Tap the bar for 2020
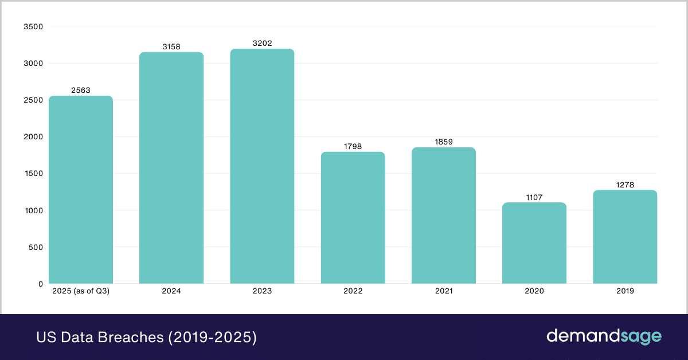(534, 243)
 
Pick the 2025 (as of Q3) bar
(81, 190)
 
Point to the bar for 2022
(353, 218)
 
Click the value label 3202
(262, 42)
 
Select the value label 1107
(534, 197)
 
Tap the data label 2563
(81, 90)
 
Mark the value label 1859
(444, 142)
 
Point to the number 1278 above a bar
(625, 184)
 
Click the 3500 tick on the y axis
(33, 27)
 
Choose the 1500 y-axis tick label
(33, 174)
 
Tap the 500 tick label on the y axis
(36, 247)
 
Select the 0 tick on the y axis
(40, 284)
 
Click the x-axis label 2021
(444, 291)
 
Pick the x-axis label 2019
(625, 291)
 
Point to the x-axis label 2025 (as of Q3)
(81, 291)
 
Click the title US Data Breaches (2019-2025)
(146, 337)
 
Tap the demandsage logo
(603, 336)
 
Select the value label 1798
(353, 146)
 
